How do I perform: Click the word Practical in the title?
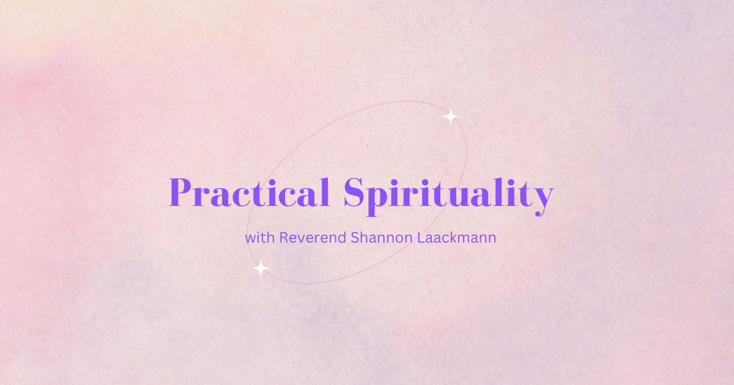click(250, 192)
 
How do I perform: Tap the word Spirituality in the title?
click(449, 196)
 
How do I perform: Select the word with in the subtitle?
click(260, 238)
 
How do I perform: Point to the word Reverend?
click(313, 238)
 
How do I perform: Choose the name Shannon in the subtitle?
click(382, 238)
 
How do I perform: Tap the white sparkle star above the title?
click(451, 117)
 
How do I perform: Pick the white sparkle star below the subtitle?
click(261, 268)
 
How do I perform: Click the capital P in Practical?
click(180, 193)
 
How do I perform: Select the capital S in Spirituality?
click(354, 193)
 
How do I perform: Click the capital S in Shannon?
click(355, 238)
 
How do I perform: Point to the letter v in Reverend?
click(301, 240)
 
